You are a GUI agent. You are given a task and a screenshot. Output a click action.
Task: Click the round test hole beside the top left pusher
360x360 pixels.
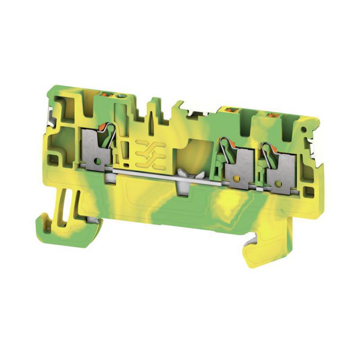click(x=118, y=96)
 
